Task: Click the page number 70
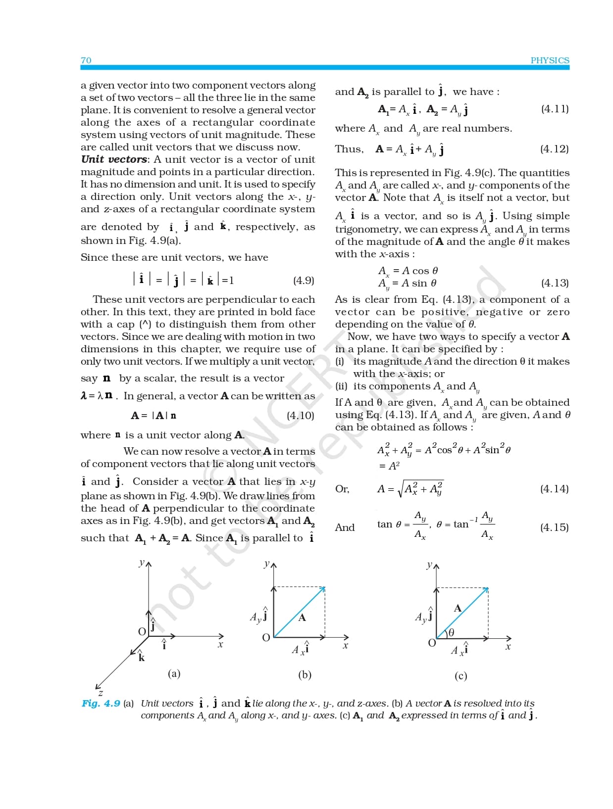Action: tap(86, 60)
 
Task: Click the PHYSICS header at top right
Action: tap(550, 60)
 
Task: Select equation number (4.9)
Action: tap(304, 281)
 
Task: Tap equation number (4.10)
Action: tap(301, 416)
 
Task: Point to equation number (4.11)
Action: tap(555, 109)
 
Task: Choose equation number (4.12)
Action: tap(555, 149)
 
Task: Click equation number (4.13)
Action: tap(555, 283)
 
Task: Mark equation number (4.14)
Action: tap(555, 489)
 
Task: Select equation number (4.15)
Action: tap(555, 527)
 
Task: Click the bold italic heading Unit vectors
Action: tap(114, 159)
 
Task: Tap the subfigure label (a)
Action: tap(174, 673)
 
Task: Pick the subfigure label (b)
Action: tap(305, 675)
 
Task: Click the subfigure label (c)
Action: tap(460, 676)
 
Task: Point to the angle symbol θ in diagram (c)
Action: tap(451, 632)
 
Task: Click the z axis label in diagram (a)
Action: tap(101, 693)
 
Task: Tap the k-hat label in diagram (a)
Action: tap(141, 657)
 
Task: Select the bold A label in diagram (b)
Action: tap(302, 617)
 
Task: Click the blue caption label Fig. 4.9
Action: tap(101, 703)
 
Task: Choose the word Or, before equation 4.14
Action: tap(342, 489)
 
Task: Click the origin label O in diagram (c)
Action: tap(432, 643)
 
